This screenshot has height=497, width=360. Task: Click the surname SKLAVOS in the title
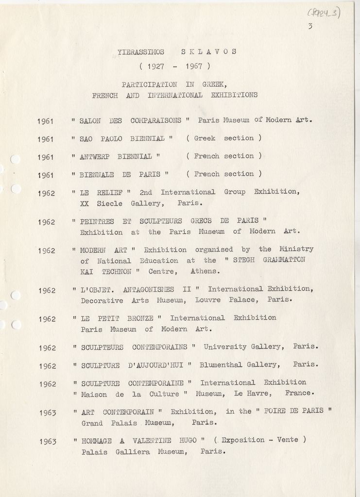(209, 52)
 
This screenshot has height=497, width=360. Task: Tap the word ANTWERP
(94, 156)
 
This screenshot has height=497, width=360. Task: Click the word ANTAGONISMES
(148, 289)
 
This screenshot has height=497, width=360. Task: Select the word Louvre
(208, 300)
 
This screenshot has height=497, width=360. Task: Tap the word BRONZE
(140, 318)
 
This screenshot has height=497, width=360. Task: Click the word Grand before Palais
(92, 423)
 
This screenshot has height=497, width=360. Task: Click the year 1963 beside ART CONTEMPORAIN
(48, 413)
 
